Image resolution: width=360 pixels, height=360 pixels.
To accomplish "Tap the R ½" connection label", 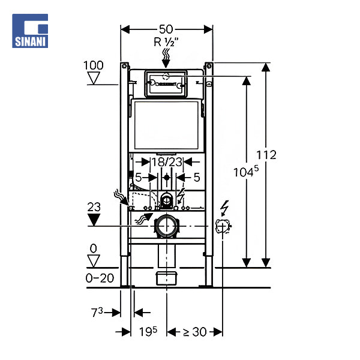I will click(167, 42).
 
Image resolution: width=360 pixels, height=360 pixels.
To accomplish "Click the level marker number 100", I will click(94, 65).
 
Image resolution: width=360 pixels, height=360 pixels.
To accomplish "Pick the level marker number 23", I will click(94, 206).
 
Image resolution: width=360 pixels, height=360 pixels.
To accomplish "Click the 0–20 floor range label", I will click(99, 278).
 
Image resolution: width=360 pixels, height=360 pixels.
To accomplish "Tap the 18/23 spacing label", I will click(166, 161).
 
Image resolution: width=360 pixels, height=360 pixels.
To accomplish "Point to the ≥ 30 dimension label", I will click(195, 331).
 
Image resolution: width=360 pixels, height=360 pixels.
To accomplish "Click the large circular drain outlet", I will click(167, 226).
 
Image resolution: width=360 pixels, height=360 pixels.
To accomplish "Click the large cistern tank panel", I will click(167, 124).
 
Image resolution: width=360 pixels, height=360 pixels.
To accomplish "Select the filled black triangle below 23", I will click(94, 218).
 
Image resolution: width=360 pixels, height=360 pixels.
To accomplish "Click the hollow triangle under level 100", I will click(94, 78).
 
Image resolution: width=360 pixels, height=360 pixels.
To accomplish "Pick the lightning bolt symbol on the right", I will click(225, 208).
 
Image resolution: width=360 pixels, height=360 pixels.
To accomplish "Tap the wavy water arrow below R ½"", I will click(167, 59).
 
